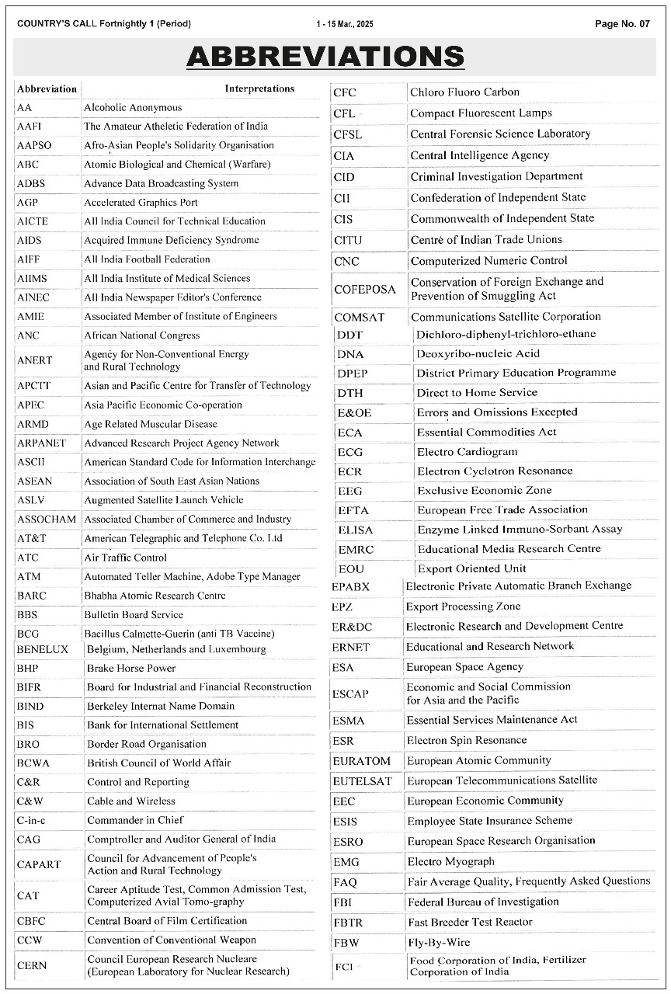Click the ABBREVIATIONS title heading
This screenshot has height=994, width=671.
point(325,57)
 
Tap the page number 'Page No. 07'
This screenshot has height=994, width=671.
point(622,24)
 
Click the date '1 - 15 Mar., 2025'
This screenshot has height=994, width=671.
point(345,24)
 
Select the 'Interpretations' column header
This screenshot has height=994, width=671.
point(259,89)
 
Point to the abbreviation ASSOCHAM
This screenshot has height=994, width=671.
point(47,519)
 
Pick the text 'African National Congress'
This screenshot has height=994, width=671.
point(142,335)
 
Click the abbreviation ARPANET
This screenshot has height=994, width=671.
point(41,443)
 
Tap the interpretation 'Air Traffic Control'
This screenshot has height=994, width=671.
point(127,558)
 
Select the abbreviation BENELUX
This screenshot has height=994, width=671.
point(42,649)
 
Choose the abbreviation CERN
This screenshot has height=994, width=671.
point(32,965)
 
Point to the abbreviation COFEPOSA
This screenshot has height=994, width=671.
point(365,290)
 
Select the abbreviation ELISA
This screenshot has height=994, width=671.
point(355,530)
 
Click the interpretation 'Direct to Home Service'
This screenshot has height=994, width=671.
point(477,393)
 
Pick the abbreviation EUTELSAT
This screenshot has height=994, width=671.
point(362,780)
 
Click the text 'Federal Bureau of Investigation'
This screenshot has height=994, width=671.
point(483,902)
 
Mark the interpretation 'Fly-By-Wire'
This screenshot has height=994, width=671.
point(439,943)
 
